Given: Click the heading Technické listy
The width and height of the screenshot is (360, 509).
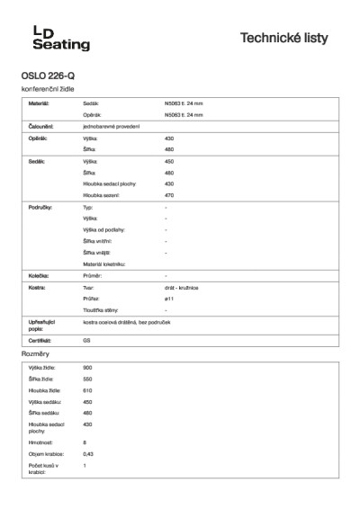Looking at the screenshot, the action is point(284,38).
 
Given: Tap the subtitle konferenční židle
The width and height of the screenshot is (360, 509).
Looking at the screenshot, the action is point(47,91).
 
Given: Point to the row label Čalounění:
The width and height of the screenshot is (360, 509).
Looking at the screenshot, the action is point(40,127).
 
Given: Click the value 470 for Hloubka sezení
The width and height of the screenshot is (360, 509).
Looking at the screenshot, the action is point(169,194).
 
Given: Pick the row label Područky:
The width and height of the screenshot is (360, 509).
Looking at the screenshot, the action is point(40,207).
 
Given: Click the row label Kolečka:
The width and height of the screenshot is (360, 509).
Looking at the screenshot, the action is point(39,274).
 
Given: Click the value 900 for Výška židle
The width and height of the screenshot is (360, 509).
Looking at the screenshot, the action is point(87,368).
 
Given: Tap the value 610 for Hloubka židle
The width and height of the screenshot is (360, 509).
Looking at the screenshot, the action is point(88,390).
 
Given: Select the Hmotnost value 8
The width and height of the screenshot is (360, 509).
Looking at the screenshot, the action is point(85,442).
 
